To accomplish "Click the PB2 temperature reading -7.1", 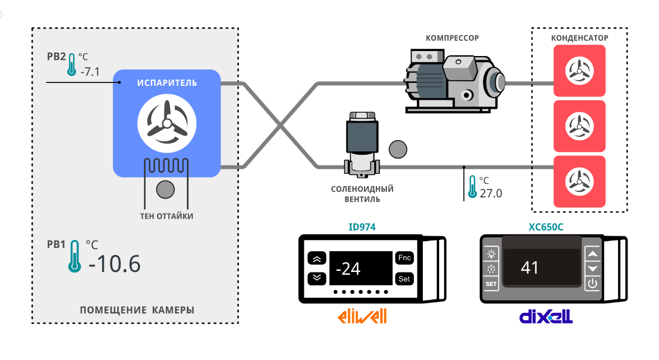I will tap(90, 72).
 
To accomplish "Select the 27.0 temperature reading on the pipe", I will tap(491, 193).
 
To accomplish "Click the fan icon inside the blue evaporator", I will tap(166, 124).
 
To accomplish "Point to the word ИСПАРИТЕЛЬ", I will tap(167, 83).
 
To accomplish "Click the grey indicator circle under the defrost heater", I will tap(165, 190).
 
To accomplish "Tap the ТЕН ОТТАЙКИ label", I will tap(166, 216).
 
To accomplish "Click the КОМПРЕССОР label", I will tap(452, 38).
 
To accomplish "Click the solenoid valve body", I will tap(362, 143).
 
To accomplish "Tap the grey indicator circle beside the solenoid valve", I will tap(398, 149).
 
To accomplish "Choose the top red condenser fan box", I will tap(579, 70).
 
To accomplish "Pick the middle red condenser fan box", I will tap(579, 126).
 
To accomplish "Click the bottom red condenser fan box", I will tap(579, 181).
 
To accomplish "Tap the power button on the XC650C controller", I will tap(592, 284).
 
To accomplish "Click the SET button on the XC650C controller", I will tap(491, 284).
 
